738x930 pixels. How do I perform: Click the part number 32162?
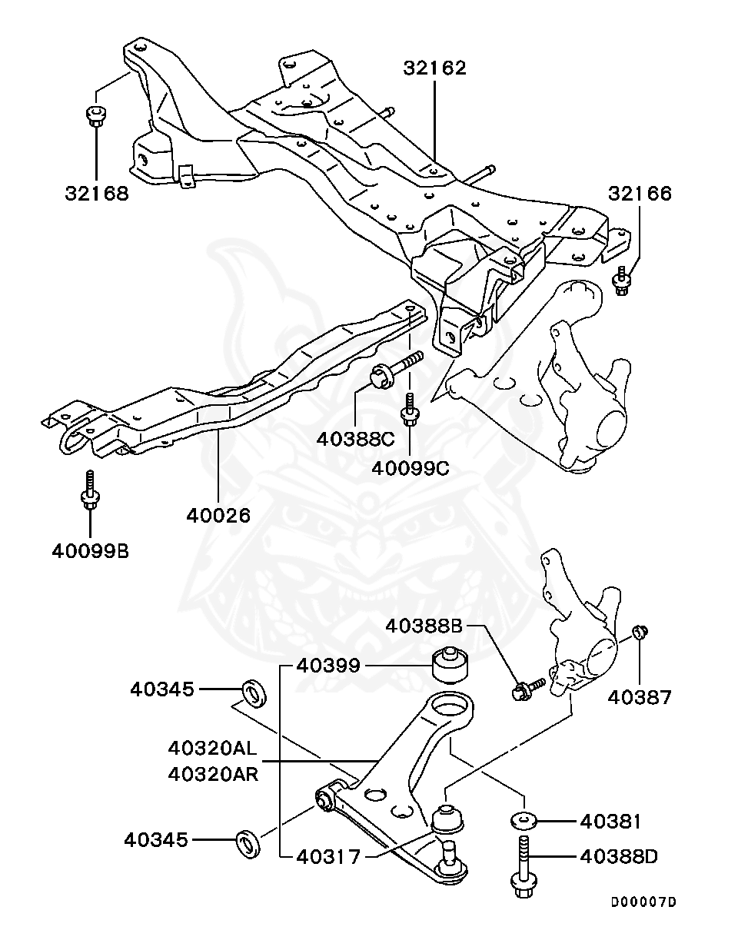click(x=435, y=68)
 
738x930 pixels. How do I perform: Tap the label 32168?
click(x=97, y=193)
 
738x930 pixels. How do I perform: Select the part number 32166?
click(x=640, y=193)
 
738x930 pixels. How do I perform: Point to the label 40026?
click(x=218, y=515)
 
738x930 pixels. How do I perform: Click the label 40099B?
click(x=91, y=551)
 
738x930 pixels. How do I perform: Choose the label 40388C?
click(x=355, y=440)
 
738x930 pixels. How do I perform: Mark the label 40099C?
click(x=411, y=468)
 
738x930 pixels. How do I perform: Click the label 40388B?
click(x=424, y=626)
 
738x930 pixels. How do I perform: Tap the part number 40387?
click(x=640, y=697)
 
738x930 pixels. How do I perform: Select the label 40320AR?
click(x=213, y=774)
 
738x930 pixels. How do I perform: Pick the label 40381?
click(x=610, y=822)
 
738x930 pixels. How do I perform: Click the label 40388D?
click(x=618, y=856)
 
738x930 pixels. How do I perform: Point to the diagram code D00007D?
click(x=643, y=902)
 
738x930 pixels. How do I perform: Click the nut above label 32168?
click(x=95, y=115)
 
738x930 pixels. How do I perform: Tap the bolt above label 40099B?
click(x=90, y=490)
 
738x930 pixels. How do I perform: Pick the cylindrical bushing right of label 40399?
click(x=450, y=666)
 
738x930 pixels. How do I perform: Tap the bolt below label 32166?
click(x=621, y=281)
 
